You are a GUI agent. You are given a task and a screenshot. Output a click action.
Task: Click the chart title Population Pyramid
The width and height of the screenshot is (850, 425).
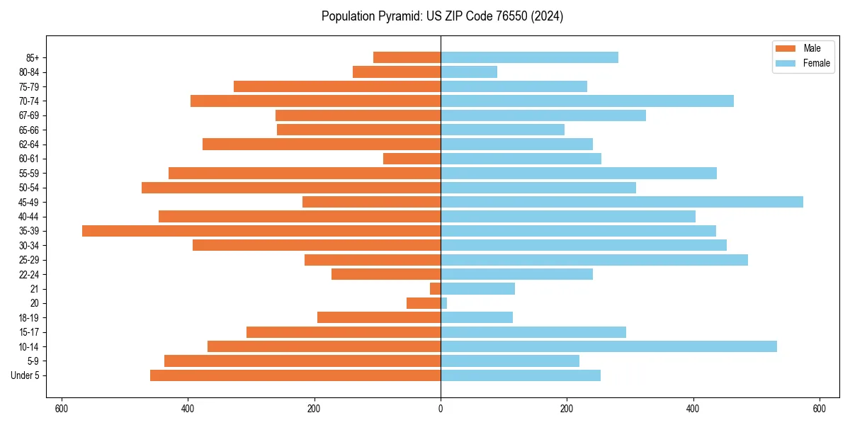coord(442,16)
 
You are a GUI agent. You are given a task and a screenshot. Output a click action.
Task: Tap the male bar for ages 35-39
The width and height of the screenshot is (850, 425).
coord(261,231)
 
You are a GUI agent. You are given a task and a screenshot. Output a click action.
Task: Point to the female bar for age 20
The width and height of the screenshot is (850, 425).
coord(444,303)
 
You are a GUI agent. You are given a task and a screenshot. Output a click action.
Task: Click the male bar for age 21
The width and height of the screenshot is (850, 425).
coord(436,289)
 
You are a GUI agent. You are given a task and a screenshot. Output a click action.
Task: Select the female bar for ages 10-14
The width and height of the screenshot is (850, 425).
coord(608,346)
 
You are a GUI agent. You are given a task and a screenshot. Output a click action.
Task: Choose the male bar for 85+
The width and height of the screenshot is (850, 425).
coord(407,57)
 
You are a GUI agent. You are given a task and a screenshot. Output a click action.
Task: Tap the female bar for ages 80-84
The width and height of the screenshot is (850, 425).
coord(469,72)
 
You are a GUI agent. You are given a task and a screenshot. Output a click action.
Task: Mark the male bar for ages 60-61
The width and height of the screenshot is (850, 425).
coord(412,159)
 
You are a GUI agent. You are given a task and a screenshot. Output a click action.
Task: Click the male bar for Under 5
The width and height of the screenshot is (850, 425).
coord(295,375)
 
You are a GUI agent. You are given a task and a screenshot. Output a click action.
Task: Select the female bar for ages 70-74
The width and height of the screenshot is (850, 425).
coord(587,101)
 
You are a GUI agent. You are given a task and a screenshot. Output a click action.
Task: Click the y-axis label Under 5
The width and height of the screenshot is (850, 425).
coord(25,375)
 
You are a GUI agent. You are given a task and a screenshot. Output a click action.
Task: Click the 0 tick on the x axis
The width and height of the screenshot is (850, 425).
coord(441,409)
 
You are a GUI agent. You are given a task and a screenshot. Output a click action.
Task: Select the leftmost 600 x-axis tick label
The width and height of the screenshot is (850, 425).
coord(62,409)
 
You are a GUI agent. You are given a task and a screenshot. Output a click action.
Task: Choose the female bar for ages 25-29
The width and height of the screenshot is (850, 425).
coord(594,260)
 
